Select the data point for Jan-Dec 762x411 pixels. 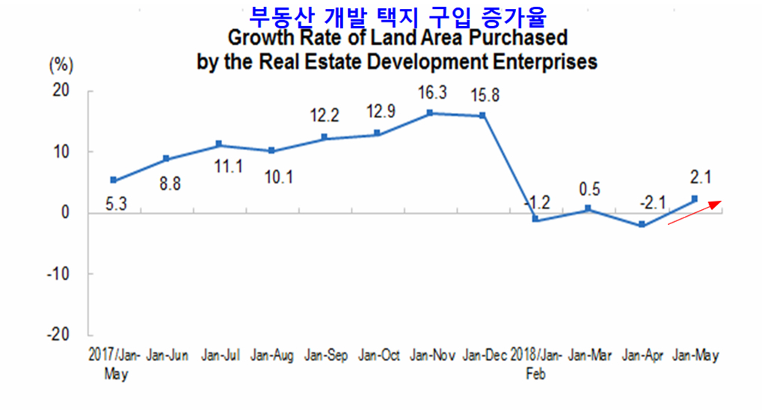(x=482, y=116)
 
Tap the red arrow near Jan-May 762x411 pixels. (x=695, y=211)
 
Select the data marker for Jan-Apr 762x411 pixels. (x=642, y=225)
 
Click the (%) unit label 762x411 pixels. (x=61, y=65)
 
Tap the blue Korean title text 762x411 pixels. (x=397, y=14)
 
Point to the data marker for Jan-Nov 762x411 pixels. (x=430, y=113)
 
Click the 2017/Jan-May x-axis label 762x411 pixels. (x=114, y=362)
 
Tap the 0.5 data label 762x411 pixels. (x=589, y=189)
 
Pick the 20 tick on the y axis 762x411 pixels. (x=62, y=91)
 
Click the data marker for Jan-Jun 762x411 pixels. (x=166, y=159)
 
